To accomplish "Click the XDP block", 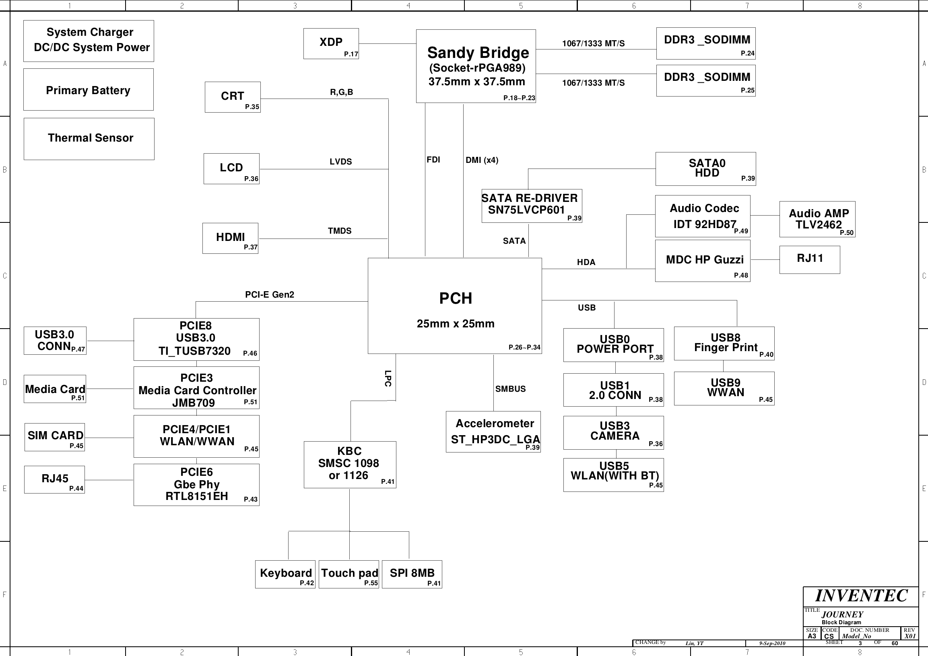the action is click(x=331, y=43).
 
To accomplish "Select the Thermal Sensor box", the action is click(x=89, y=139).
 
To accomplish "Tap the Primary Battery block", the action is click(x=89, y=89).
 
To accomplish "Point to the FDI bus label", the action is click(x=433, y=160).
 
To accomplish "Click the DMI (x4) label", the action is click(x=482, y=160).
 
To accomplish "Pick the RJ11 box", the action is click(x=810, y=260).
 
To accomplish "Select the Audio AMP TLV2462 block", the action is click(x=817, y=219).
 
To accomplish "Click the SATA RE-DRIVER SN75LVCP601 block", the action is click(x=532, y=206).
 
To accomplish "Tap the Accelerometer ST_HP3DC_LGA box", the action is click(x=493, y=432).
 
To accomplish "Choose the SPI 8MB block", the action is click(x=412, y=574).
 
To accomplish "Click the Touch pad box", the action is click(x=349, y=574).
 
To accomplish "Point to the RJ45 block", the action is click(x=55, y=479).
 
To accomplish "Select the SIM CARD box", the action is click(x=55, y=437).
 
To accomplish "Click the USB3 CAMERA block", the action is click(x=614, y=433).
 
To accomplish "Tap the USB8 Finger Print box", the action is click(x=724, y=343).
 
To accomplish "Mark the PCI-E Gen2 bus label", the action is click(x=270, y=294).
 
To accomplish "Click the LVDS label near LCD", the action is click(x=341, y=162).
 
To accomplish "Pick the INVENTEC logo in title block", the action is click(x=861, y=596).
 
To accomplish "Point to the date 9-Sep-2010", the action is click(x=772, y=643).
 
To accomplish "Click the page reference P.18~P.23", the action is click(x=519, y=98).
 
